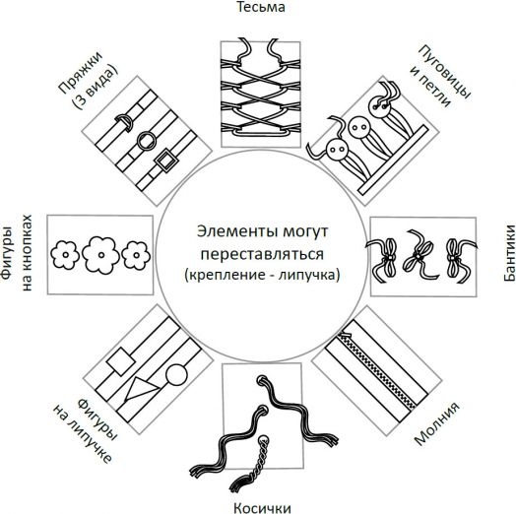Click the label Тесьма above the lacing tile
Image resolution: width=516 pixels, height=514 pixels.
(x=257, y=9)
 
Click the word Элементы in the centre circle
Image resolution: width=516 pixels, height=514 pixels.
(x=223, y=233)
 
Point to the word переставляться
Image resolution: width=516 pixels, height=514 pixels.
(x=257, y=254)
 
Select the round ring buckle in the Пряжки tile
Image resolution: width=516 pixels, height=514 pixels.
(x=147, y=139)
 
